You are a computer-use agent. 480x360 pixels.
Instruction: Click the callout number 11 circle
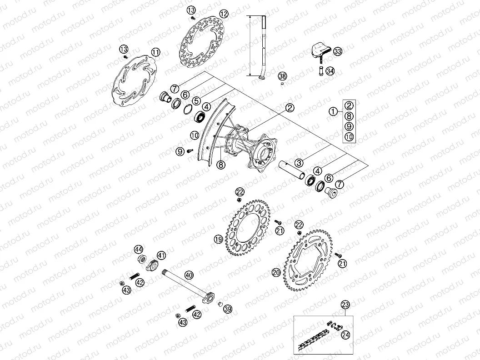tap(155, 52)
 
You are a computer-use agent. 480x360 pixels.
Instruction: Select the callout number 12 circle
tap(223, 14)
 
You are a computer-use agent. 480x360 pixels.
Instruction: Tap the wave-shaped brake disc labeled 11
tap(135, 83)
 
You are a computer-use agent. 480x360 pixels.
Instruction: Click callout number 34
tap(330, 71)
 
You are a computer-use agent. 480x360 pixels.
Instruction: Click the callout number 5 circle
tap(196, 101)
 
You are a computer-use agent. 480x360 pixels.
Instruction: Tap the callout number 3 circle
tap(299, 162)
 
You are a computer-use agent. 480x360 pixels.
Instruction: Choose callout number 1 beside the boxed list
tap(334, 110)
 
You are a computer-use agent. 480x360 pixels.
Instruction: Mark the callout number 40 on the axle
tap(189, 275)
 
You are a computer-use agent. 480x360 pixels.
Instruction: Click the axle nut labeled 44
tap(142, 260)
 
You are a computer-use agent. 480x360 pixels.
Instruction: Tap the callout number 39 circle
tap(228, 309)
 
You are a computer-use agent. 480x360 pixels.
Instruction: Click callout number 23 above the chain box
tap(345, 305)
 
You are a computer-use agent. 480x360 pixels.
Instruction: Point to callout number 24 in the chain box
tap(346, 335)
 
